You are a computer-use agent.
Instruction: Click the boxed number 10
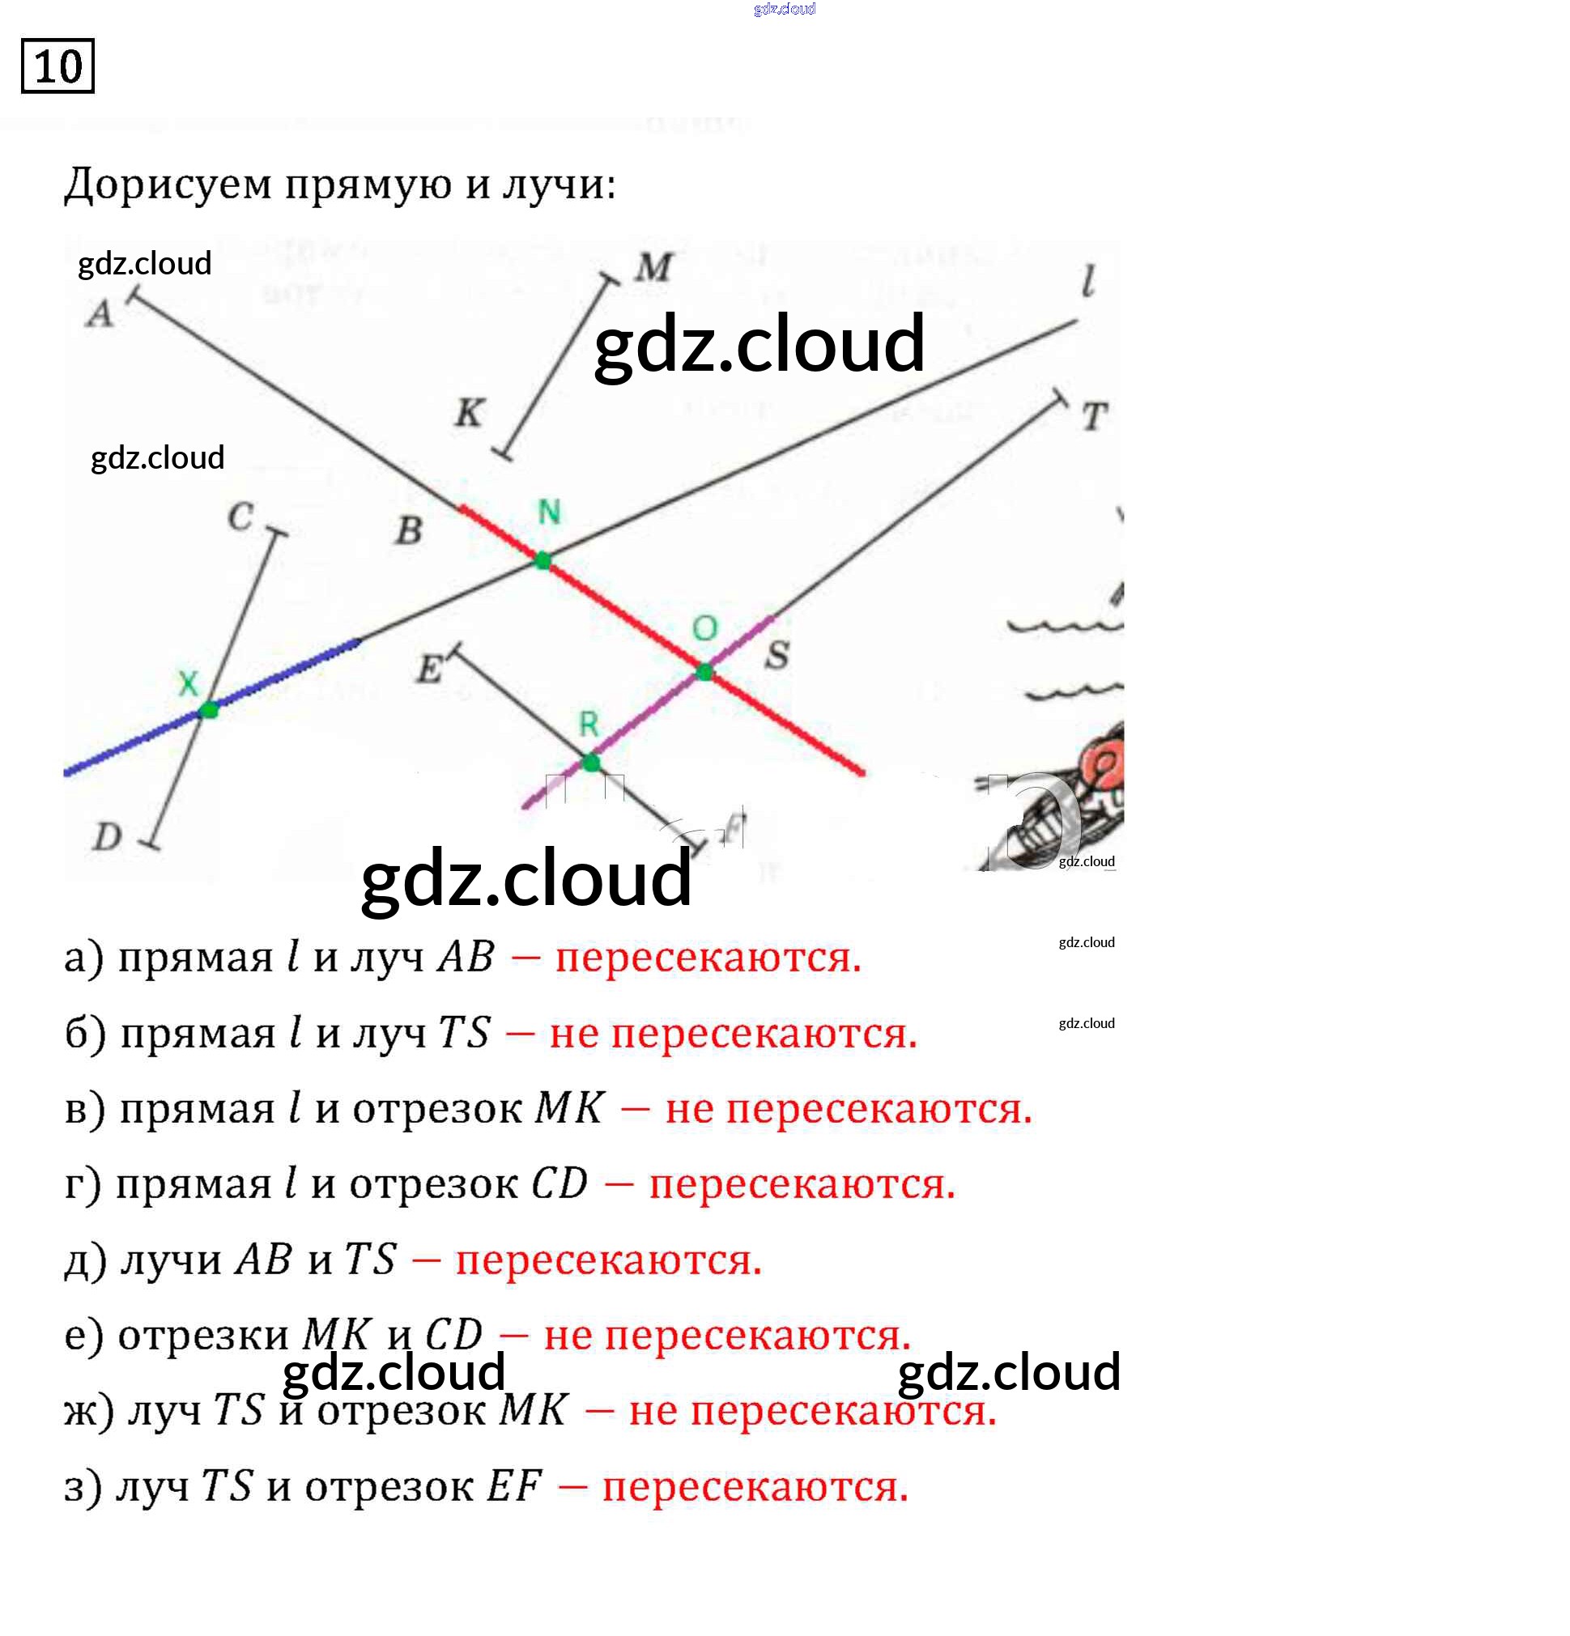point(57,66)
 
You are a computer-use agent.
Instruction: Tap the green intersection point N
point(542,560)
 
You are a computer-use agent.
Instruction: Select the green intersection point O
point(704,672)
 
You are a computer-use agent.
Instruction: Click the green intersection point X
point(209,710)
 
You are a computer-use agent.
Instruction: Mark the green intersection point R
point(590,762)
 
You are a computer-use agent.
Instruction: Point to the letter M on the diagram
point(653,268)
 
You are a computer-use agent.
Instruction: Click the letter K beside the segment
point(469,412)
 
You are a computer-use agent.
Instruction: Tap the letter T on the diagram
point(1094,417)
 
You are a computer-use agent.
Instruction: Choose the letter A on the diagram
point(100,315)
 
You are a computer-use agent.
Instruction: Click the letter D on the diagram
point(107,836)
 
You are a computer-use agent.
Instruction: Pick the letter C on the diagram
point(240,516)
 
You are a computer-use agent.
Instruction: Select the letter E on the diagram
point(428,669)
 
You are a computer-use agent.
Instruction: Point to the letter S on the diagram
point(776,655)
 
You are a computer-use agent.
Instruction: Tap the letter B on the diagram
point(408,531)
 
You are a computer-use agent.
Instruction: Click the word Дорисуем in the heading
point(168,185)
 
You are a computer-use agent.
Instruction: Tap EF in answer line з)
point(514,1486)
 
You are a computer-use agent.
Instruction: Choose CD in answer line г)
point(559,1183)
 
